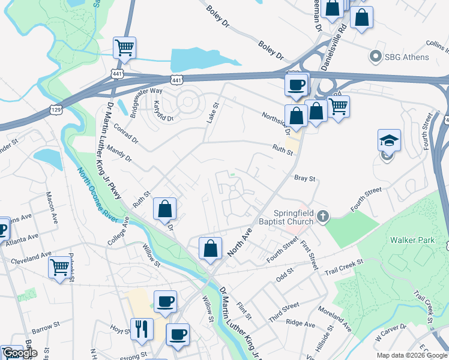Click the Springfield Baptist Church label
point(294,217)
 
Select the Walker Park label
point(412,240)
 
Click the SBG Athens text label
point(408,57)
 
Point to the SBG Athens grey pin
point(376,57)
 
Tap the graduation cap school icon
point(388,141)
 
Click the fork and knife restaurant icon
point(141,328)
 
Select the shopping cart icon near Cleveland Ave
point(59,266)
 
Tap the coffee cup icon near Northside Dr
point(296,83)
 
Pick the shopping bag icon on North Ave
point(211,248)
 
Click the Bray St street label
point(305,178)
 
